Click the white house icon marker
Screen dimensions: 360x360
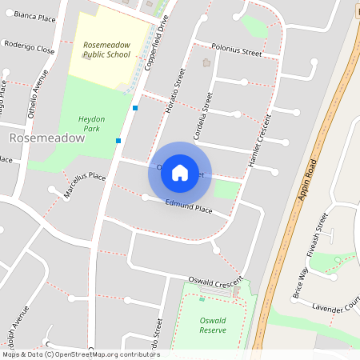coord(180,173)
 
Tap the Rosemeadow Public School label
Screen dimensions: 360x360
coord(109,50)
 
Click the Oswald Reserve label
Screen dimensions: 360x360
coord(212,324)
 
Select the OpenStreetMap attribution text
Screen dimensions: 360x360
coord(81,354)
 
